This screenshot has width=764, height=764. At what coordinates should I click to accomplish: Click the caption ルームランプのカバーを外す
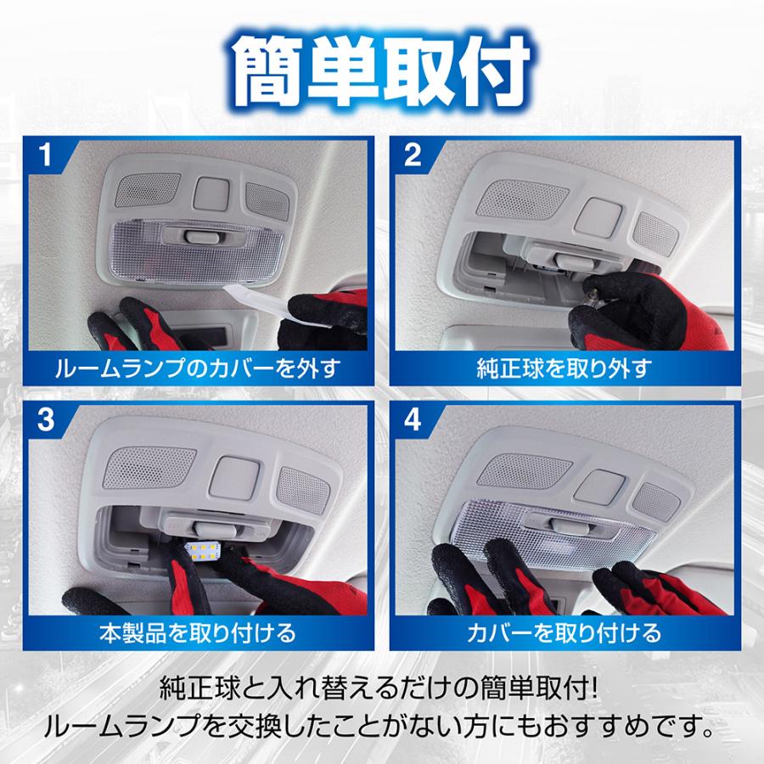click(197, 368)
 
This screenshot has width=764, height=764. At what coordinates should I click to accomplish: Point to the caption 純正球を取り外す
click(564, 368)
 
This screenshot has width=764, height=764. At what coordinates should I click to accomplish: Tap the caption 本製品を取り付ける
click(197, 632)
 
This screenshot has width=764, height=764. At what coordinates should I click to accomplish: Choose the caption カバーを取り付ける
click(564, 632)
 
